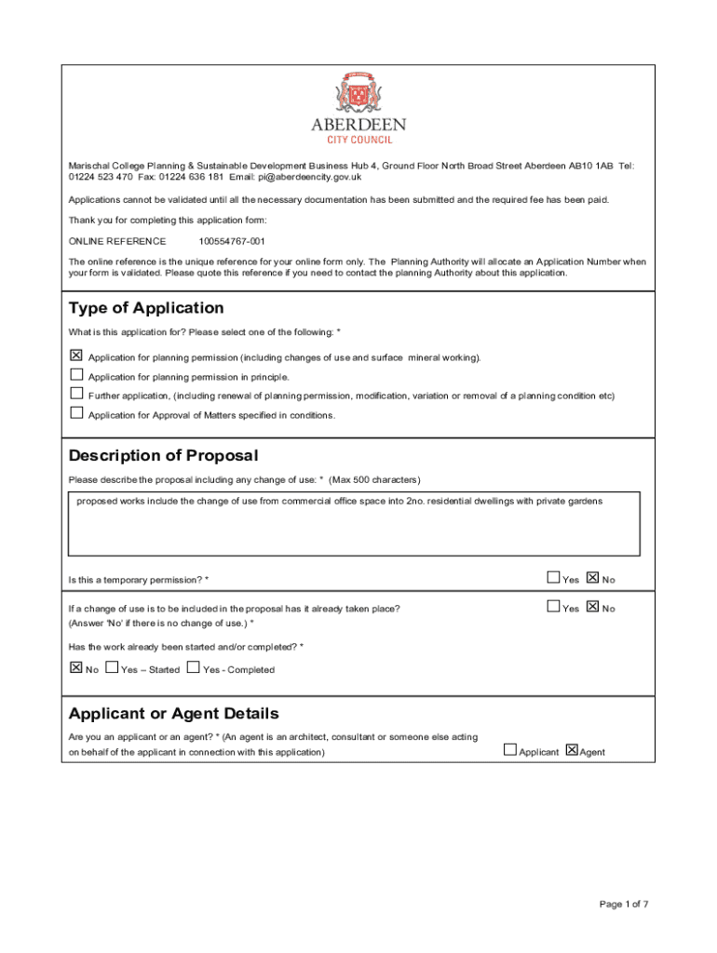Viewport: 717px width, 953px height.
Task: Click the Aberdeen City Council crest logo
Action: (x=358, y=92)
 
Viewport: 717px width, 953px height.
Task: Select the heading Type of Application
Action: (x=146, y=308)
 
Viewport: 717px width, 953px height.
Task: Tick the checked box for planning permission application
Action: (x=76, y=356)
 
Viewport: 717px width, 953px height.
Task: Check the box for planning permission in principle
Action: (x=76, y=374)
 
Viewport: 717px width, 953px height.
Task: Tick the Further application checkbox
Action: (x=76, y=393)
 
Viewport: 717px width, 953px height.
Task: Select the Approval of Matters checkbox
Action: (x=76, y=412)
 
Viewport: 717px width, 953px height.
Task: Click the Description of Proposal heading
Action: (x=163, y=456)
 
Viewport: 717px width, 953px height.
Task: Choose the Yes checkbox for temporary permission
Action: (x=554, y=578)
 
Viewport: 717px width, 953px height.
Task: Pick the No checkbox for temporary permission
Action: (x=593, y=578)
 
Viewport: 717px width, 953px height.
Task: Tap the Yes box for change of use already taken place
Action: (x=554, y=607)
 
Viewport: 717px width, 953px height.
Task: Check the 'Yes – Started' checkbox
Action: (x=113, y=667)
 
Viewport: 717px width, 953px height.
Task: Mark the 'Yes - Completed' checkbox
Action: (x=194, y=667)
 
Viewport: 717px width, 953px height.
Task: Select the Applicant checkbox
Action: (x=509, y=749)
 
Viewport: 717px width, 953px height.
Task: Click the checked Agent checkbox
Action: (x=572, y=749)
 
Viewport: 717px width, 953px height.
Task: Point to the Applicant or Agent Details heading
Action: (x=173, y=714)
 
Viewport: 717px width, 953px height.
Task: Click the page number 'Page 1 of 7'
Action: (x=624, y=904)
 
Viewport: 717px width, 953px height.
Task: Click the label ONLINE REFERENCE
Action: (x=117, y=242)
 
